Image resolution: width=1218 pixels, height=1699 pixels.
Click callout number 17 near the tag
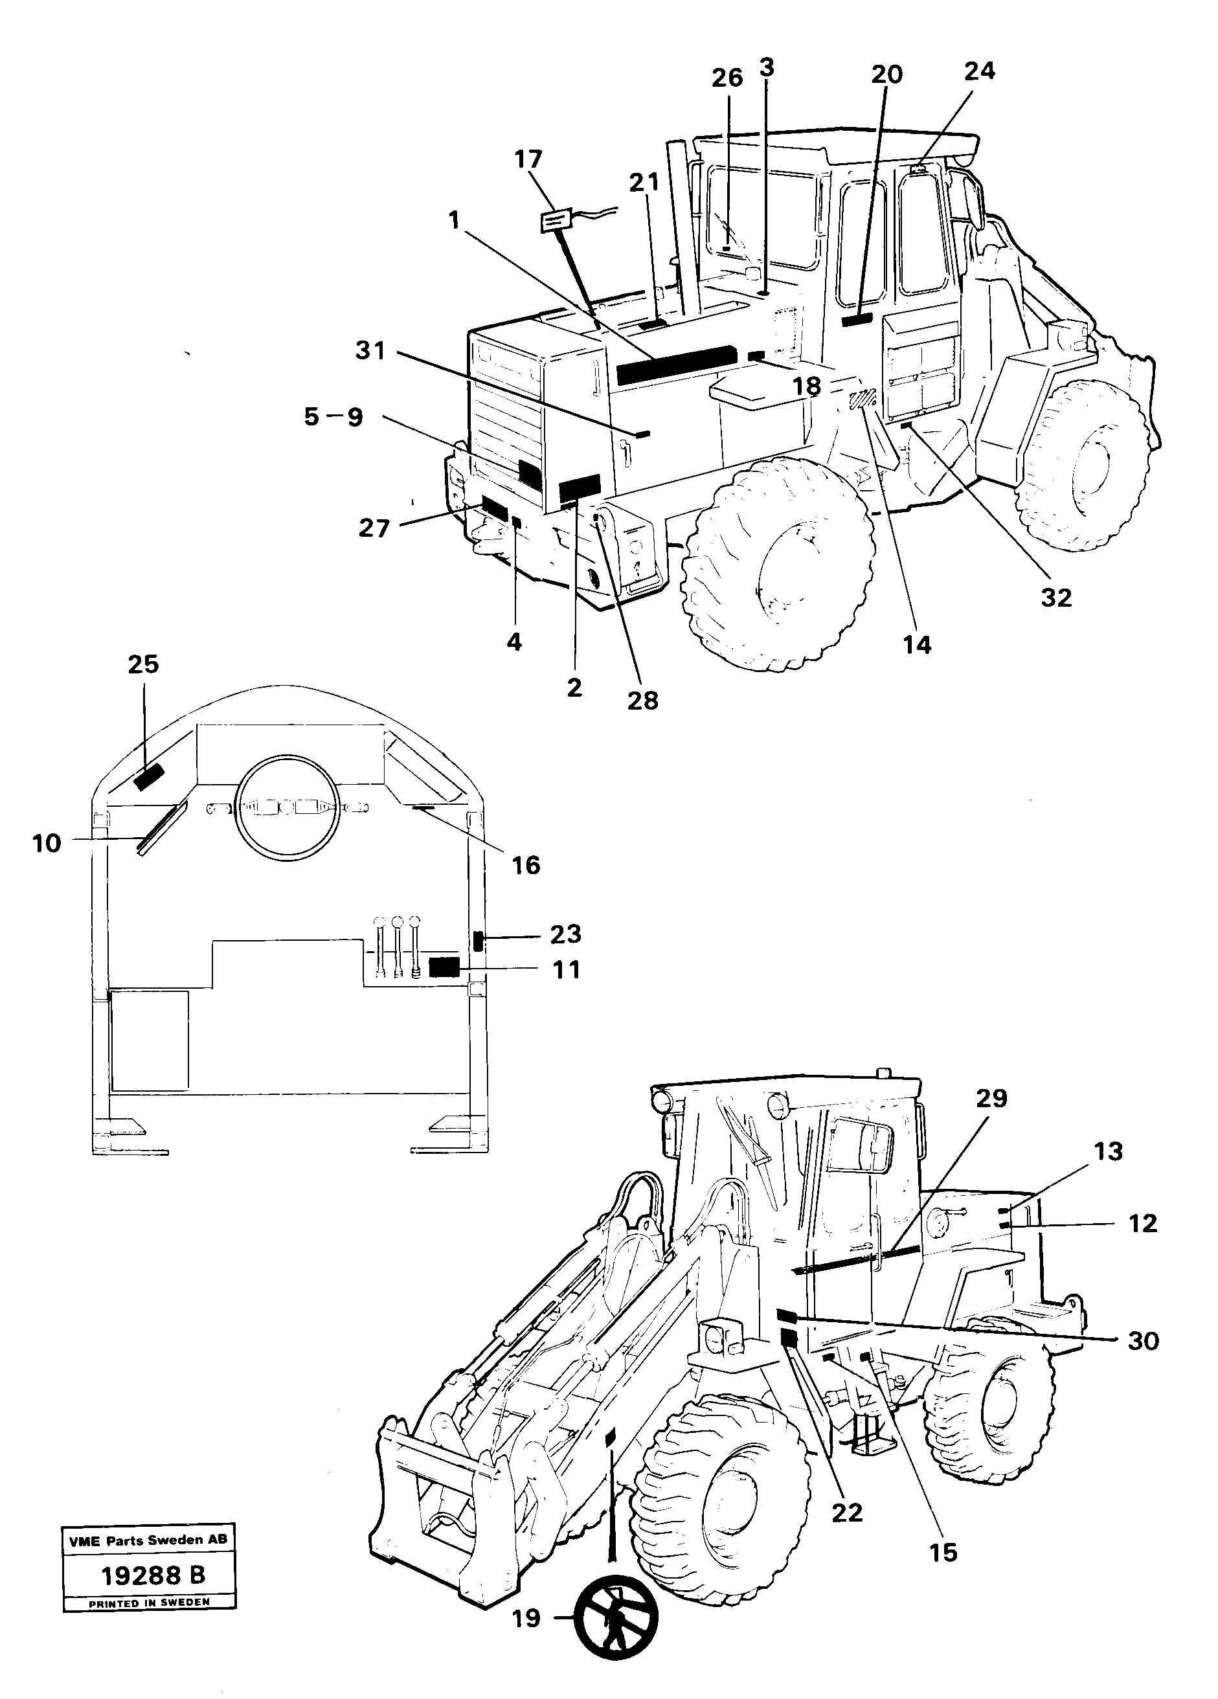528,159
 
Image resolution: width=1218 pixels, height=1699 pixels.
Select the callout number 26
727,78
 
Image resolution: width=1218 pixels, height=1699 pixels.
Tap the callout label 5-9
333,416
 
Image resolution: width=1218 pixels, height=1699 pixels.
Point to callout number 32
1056,597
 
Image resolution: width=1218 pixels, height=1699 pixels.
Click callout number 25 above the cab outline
143,664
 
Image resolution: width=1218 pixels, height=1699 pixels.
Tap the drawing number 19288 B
153,1575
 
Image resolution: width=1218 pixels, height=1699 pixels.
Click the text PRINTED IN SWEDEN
149,1603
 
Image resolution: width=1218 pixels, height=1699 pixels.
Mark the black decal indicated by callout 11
444,967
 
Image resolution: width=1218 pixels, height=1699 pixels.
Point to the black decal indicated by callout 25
148,778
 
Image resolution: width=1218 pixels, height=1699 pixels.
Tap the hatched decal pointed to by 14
863,399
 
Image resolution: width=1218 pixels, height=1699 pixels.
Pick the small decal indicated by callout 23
478,940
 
